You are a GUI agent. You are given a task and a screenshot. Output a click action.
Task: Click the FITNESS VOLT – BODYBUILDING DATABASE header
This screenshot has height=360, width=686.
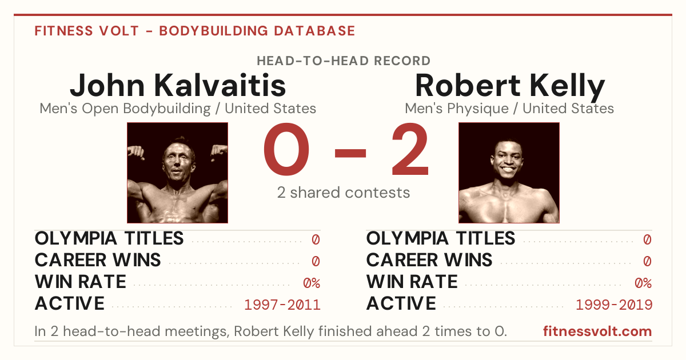click(195, 31)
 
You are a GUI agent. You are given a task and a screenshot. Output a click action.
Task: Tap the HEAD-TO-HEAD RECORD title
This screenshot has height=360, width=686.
click(344, 61)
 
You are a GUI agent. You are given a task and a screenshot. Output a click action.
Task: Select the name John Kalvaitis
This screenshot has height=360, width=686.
click(178, 85)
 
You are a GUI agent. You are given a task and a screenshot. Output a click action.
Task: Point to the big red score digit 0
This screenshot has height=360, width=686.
click(286, 149)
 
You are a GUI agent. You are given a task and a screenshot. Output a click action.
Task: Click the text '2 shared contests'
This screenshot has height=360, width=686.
click(344, 193)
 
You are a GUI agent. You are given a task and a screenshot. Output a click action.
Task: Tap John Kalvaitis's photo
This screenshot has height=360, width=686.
click(177, 173)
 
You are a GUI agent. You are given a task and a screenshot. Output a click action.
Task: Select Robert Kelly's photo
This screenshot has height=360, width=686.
click(509, 173)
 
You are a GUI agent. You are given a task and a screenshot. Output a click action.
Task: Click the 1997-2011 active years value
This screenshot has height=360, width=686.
click(282, 305)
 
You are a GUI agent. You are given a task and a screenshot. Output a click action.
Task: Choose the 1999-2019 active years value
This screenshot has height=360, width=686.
click(614, 305)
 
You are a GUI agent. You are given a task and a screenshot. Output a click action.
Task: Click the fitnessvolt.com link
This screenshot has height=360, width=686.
click(597, 331)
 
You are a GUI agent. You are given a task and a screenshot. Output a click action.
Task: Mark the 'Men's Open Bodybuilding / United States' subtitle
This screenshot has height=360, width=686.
click(178, 109)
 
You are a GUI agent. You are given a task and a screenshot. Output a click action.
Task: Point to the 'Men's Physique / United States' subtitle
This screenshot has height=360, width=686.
click(509, 109)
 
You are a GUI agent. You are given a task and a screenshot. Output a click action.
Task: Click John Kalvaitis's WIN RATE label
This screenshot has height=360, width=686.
click(80, 282)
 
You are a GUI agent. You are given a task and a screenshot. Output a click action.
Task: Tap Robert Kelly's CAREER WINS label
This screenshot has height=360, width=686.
click(429, 260)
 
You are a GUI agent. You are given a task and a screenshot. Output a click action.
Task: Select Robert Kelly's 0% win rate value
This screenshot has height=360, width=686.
click(643, 283)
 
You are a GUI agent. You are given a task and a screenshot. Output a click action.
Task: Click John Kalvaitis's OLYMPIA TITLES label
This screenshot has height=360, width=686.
click(109, 238)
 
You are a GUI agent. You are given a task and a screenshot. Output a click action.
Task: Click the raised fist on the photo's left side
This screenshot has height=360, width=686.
click(136, 153)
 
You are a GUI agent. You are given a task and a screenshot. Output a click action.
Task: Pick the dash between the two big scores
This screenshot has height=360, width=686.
click(350, 153)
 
